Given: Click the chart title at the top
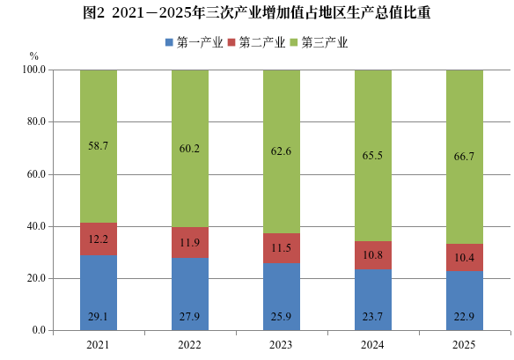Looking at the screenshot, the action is pyautogui.click(x=257, y=13).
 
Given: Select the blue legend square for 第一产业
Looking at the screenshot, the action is pyautogui.click(x=169, y=42).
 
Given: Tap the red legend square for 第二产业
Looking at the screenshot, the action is pyautogui.click(x=231, y=42).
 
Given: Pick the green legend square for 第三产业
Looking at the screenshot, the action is pyautogui.click(x=294, y=42).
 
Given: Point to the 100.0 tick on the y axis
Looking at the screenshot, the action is pyautogui.click(x=33, y=70).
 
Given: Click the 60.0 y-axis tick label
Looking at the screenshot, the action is pyautogui.click(x=36, y=174).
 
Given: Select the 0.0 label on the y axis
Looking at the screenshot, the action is pyautogui.click(x=39, y=330).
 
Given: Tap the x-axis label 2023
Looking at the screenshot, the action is pyautogui.click(x=281, y=345).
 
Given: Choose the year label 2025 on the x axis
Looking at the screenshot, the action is pyautogui.click(x=464, y=345).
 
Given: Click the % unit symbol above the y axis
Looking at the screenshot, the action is pyautogui.click(x=34, y=56).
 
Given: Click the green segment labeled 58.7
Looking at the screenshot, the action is pyautogui.click(x=99, y=146).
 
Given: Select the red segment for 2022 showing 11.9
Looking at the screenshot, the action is pyautogui.click(x=190, y=242).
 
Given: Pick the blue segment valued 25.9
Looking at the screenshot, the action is pyautogui.click(x=282, y=297).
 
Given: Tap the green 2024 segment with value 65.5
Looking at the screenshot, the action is pyautogui.click(x=373, y=156).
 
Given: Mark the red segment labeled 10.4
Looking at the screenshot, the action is pyautogui.click(x=465, y=257).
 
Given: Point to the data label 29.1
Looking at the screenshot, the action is pyautogui.click(x=98, y=317).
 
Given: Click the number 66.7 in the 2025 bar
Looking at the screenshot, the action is pyautogui.click(x=464, y=157).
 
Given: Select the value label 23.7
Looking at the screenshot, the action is pyautogui.click(x=372, y=317).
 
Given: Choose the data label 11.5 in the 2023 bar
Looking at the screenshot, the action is pyautogui.click(x=281, y=248).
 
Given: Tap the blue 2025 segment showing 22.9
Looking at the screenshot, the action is pyautogui.click(x=465, y=301).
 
